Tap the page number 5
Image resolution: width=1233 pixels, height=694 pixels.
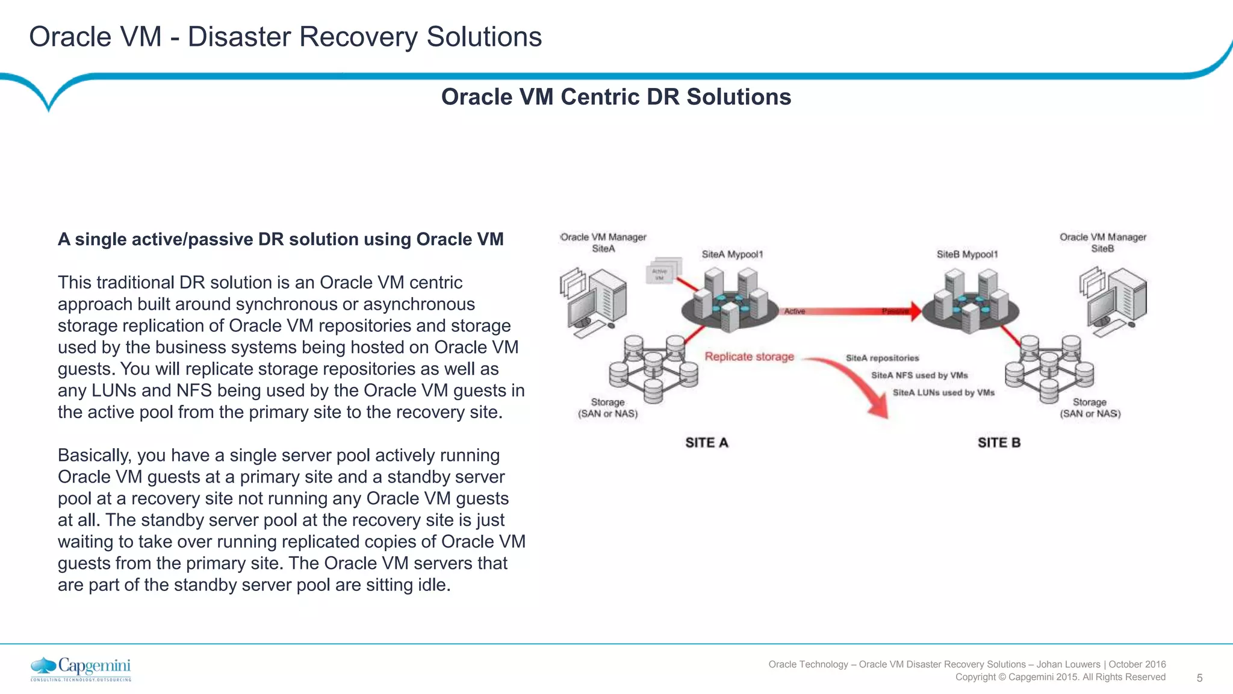tap(1199, 678)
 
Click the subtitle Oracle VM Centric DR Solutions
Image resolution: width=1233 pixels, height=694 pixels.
tap(616, 97)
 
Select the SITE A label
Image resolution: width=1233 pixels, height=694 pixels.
tap(707, 443)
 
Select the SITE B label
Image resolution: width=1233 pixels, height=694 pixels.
tap(999, 443)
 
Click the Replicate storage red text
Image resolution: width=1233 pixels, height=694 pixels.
tap(749, 357)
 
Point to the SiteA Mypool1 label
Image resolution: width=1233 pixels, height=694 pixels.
tap(732, 254)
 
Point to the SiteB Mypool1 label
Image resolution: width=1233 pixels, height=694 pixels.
tap(967, 254)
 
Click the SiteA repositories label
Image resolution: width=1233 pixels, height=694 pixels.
tap(882, 358)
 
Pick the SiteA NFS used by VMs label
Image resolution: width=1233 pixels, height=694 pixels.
tap(919, 375)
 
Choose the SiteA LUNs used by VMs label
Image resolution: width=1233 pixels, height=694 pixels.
tap(943, 393)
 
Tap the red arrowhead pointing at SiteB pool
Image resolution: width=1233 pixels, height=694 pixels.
tap(915, 311)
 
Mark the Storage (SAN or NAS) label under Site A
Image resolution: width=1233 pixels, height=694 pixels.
tap(607, 408)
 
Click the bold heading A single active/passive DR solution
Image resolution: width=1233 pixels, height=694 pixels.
tap(281, 239)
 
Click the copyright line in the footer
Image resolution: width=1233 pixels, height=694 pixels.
tap(1060, 677)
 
